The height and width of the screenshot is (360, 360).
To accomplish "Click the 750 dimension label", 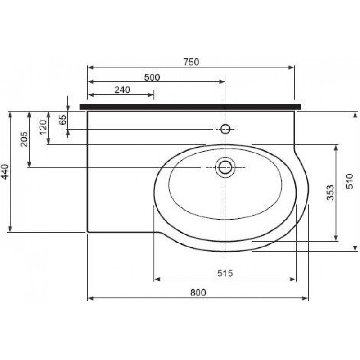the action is [x=191, y=62].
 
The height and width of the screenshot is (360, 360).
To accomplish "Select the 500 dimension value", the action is [x=152, y=77].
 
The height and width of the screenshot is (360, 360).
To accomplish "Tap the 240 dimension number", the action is [x=122, y=90].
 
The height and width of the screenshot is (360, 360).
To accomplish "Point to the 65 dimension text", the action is [x=63, y=119].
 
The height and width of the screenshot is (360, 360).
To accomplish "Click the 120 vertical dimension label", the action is [x=43, y=128].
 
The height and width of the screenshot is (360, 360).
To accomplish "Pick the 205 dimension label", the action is [x=24, y=139].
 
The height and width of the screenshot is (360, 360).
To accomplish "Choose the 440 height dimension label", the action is [x=4, y=171].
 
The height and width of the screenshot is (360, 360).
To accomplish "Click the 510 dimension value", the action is [x=350, y=181].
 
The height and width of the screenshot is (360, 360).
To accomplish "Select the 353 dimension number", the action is [x=330, y=193].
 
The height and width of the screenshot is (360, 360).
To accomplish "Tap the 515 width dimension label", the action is [x=225, y=273].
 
